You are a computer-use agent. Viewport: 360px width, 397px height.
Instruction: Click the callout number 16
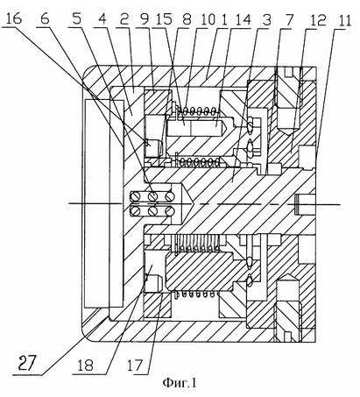click(14, 18)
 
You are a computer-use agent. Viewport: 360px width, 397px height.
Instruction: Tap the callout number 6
click(45, 18)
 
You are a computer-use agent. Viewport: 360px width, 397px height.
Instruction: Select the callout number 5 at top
click(76, 18)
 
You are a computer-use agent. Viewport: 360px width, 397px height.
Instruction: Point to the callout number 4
click(102, 19)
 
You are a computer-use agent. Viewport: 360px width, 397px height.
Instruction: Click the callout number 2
click(124, 19)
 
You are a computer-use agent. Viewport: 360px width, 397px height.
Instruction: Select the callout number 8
click(187, 19)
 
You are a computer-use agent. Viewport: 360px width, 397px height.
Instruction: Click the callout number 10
click(208, 19)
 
